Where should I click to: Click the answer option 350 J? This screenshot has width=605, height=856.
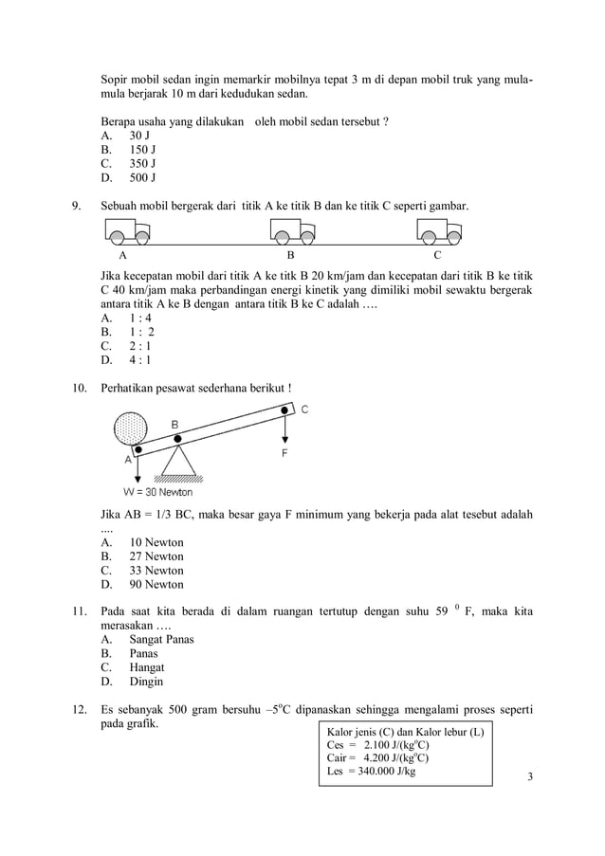click(142, 163)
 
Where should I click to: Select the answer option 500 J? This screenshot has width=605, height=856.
click(142, 177)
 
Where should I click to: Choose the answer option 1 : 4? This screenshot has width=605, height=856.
click(140, 318)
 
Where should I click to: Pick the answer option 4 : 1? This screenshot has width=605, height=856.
click(140, 359)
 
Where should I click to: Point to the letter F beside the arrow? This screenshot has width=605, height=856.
click(284, 454)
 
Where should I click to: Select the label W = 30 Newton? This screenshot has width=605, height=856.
click(157, 492)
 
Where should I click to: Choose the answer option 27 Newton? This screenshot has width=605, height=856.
click(156, 556)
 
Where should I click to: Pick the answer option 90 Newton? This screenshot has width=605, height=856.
click(156, 585)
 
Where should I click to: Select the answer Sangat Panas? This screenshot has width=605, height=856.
click(161, 639)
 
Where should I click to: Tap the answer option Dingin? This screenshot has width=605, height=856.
click(146, 682)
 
